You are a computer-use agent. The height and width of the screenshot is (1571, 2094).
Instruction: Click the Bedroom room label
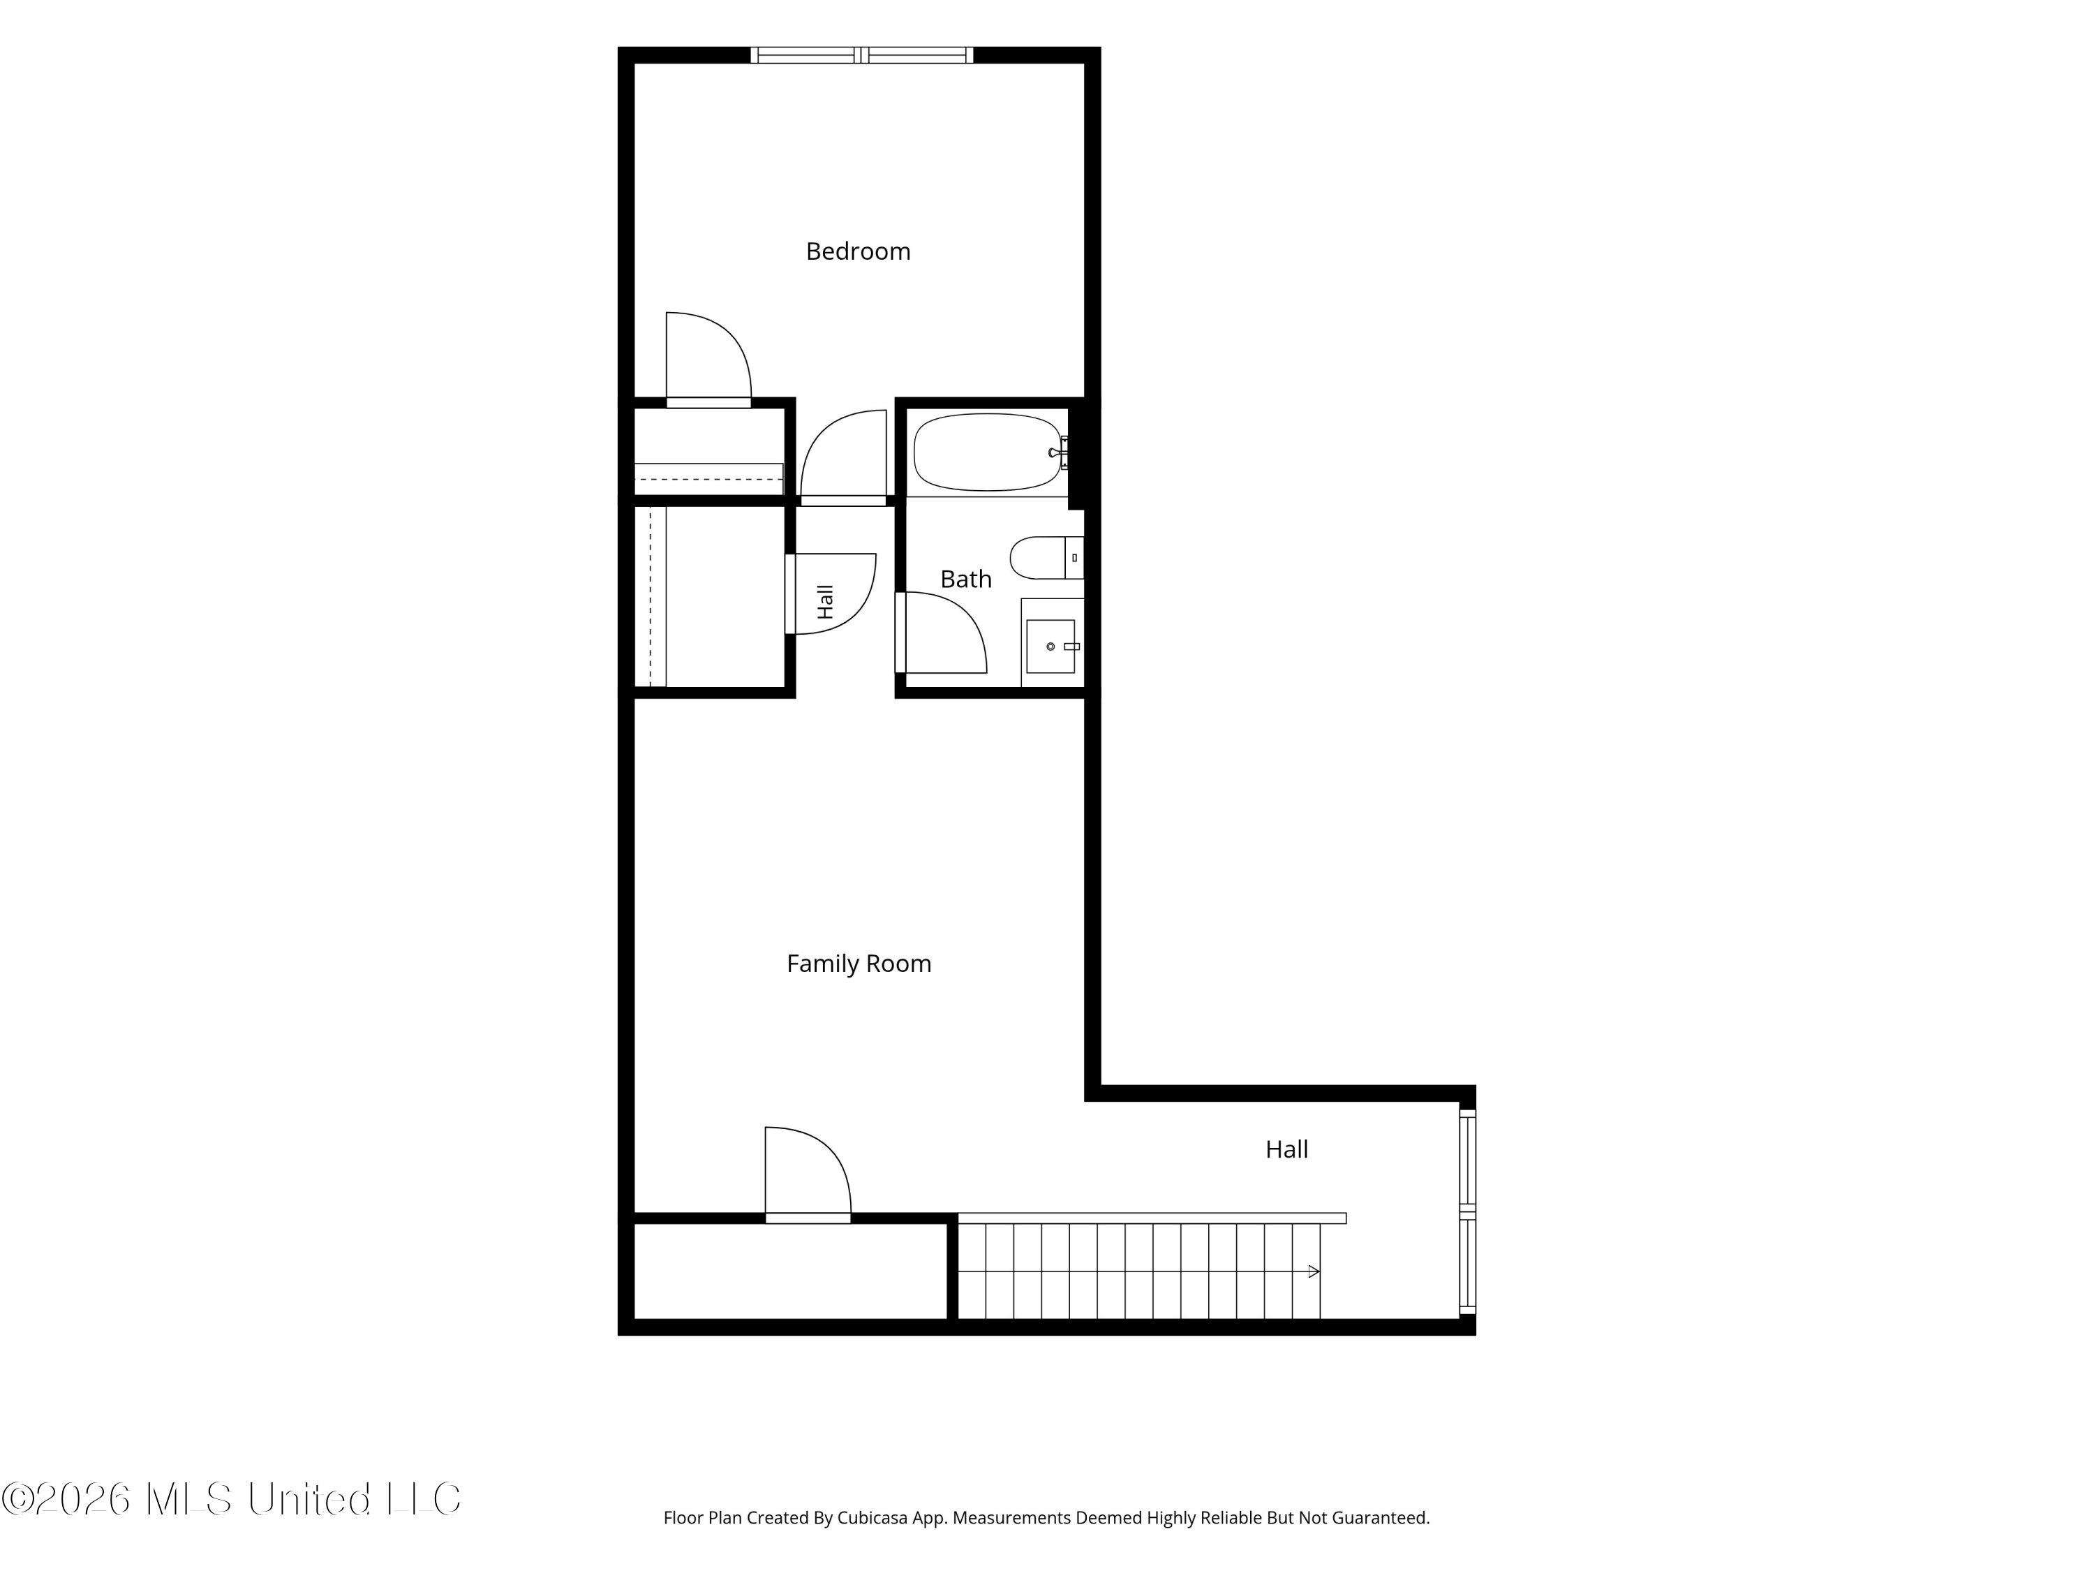point(858,251)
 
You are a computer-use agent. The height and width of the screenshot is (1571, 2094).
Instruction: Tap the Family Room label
point(859,963)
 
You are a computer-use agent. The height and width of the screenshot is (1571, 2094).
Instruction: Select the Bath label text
point(965,579)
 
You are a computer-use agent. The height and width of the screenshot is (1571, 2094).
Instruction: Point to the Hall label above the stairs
point(1286,1149)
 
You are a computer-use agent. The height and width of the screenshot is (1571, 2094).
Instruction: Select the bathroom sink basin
point(1050,647)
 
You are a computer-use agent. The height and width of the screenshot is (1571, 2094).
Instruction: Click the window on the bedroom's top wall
point(861,55)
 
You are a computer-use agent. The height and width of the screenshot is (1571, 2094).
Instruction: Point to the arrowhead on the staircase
point(1314,1271)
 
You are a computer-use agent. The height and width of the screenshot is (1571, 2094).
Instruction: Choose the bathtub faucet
point(1060,452)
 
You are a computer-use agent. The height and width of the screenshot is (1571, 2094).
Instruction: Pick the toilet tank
point(1074,558)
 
